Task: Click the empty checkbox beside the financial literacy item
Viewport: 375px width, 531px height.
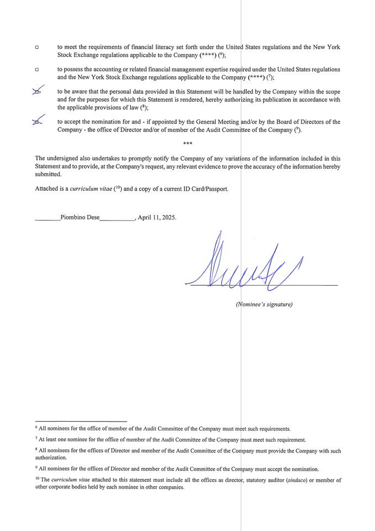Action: [x=37, y=48]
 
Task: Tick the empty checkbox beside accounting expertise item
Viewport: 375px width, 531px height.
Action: [x=37, y=70]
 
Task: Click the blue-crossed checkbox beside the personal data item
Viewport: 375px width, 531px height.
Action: [x=37, y=92]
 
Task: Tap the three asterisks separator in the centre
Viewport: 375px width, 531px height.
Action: [x=187, y=144]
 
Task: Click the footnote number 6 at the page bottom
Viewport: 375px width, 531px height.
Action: [x=36, y=427]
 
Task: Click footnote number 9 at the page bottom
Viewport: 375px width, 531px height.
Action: [x=36, y=467]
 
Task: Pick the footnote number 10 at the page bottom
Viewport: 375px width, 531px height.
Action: [x=38, y=479]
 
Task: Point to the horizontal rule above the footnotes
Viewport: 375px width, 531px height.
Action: [x=81, y=420]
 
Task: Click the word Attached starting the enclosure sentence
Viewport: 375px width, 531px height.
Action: [x=46, y=189]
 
